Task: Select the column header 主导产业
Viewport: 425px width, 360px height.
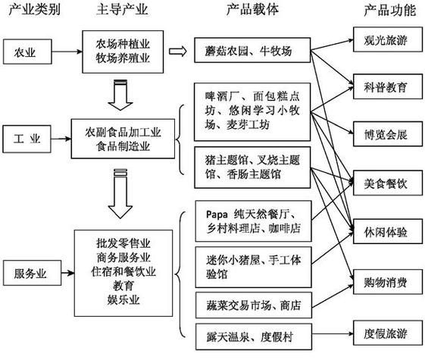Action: [120, 10]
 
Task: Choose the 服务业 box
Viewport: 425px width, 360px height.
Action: [27, 270]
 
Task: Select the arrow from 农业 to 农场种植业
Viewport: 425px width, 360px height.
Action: [65, 52]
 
